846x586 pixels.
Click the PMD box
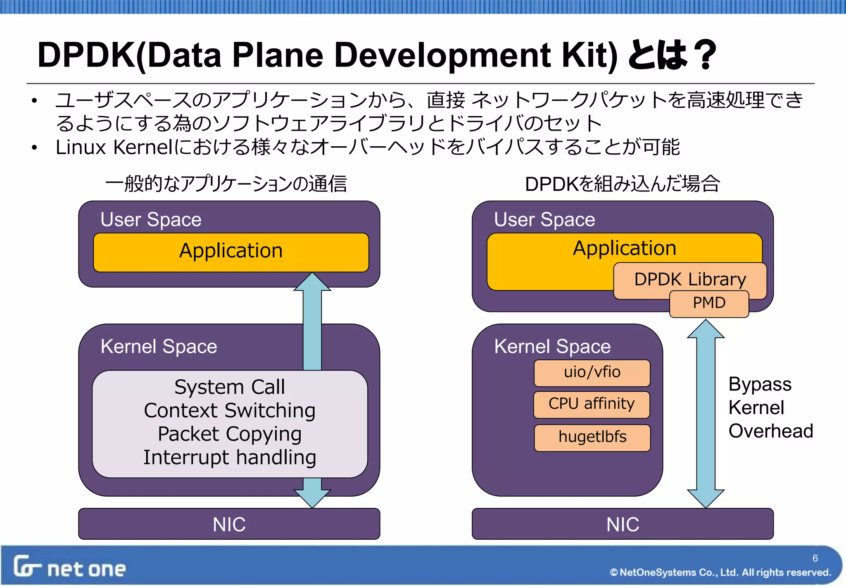(x=709, y=304)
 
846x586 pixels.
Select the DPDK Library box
(x=690, y=279)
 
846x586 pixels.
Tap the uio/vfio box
(x=592, y=372)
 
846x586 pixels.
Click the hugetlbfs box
(x=592, y=437)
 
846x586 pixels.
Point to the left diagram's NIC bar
(x=229, y=524)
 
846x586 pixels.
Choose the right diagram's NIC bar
(x=623, y=524)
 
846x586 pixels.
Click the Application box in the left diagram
(x=231, y=251)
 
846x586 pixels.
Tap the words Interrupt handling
(x=230, y=458)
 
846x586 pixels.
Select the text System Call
(x=230, y=387)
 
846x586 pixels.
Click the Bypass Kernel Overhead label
(x=770, y=407)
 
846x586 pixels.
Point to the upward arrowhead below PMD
(x=706, y=329)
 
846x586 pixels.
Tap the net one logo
(x=69, y=567)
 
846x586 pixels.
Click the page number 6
(x=815, y=558)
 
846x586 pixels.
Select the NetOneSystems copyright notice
(x=720, y=572)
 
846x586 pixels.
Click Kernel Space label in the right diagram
(x=552, y=346)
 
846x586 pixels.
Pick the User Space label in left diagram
(x=151, y=219)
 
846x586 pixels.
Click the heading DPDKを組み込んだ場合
(x=622, y=184)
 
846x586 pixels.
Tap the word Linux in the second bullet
(x=81, y=148)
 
